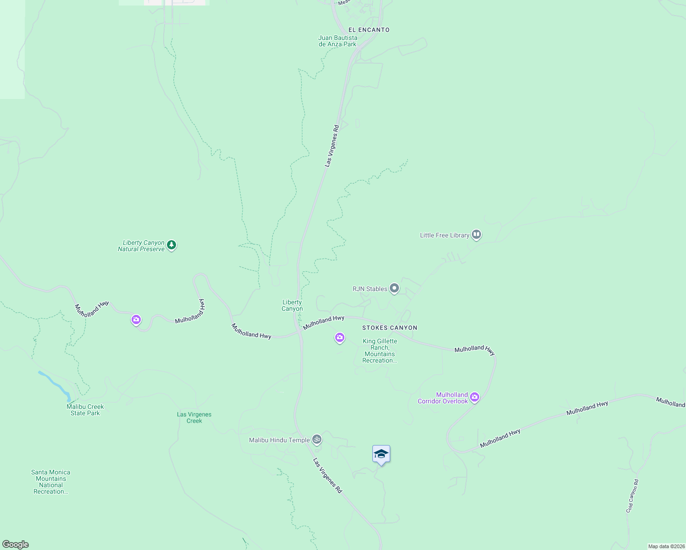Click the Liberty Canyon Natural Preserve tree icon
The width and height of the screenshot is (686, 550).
tap(171, 245)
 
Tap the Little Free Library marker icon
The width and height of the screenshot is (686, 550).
tap(476, 235)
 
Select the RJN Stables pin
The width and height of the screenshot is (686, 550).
tap(394, 288)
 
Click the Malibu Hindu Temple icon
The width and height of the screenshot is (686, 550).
tap(316, 440)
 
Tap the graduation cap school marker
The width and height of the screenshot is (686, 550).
tap(381, 454)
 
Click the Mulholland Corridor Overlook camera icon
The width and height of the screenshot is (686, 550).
tap(475, 397)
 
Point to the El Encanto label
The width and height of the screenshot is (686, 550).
tap(369, 30)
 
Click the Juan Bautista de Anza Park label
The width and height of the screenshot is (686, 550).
tap(337, 41)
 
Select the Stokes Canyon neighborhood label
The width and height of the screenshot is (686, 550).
tap(390, 328)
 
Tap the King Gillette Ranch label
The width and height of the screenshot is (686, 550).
tap(380, 351)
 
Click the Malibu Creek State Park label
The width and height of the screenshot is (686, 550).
tap(85, 410)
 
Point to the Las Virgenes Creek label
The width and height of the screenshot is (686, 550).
tap(194, 418)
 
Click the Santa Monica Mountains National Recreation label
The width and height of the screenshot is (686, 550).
tap(51, 482)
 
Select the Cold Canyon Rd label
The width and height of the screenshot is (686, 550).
tap(632, 496)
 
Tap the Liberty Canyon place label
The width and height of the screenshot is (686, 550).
tap(292, 305)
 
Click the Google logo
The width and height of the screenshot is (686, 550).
tap(16, 544)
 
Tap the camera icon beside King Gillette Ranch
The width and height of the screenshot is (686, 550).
tap(340, 338)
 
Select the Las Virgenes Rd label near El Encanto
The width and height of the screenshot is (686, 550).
tap(332, 146)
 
